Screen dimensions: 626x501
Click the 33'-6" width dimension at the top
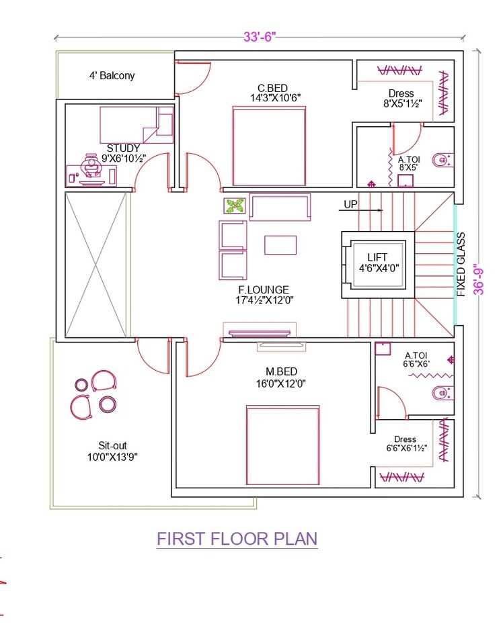click(260, 38)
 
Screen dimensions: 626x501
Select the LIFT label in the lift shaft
click(377, 257)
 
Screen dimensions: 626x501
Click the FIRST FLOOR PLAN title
click(237, 539)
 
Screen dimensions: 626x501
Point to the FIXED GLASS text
click(461, 265)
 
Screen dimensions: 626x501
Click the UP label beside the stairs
click(350, 204)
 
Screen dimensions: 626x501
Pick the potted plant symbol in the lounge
click(234, 206)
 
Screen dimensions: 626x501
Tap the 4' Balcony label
click(112, 76)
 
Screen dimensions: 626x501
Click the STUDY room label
click(123, 148)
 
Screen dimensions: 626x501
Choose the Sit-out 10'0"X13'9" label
click(112, 451)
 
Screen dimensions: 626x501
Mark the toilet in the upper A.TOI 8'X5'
click(441, 160)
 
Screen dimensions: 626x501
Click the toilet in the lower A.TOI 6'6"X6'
click(441, 393)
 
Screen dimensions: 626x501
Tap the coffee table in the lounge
click(280, 244)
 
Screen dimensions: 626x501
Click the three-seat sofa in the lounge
click(280, 207)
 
